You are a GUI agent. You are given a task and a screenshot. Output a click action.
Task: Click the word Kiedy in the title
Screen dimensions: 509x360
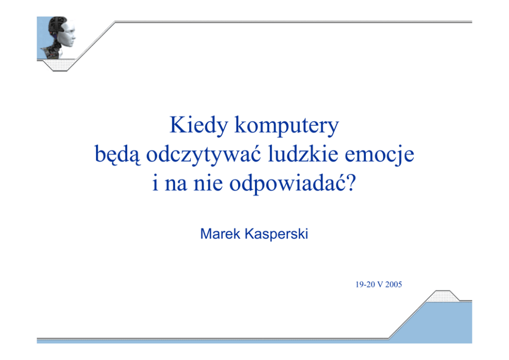(199, 125)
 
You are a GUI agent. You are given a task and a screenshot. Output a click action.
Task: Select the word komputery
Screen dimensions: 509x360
(287, 126)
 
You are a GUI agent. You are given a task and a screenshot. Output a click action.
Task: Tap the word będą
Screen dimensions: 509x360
(118, 155)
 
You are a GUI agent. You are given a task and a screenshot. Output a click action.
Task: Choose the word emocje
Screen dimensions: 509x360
(380, 155)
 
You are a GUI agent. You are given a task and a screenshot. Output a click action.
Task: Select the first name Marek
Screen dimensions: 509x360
(220, 234)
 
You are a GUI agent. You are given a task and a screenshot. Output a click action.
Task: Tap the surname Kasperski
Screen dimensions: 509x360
(276, 234)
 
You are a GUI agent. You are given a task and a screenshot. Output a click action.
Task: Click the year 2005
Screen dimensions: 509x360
(394, 285)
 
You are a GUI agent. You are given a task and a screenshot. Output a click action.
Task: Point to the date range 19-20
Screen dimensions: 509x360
(365, 285)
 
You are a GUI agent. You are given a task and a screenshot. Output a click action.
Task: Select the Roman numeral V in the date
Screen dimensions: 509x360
(380, 285)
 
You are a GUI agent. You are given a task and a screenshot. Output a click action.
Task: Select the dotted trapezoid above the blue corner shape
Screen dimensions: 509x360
(443, 296)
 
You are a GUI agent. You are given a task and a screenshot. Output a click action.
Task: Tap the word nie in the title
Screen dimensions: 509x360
(208, 183)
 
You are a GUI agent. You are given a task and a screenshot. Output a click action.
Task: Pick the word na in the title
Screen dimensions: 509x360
(176, 185)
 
